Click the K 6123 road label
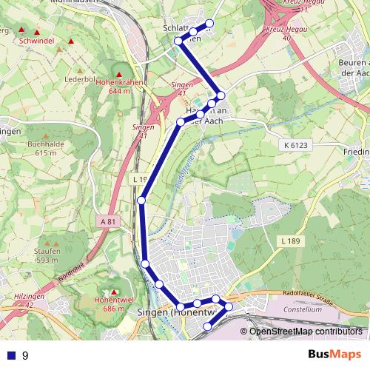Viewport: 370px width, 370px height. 296,146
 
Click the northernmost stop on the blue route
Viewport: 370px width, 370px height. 209,24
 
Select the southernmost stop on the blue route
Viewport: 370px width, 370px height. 208,320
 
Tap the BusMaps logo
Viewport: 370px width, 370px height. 334,355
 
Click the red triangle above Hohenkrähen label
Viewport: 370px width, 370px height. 115,72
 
